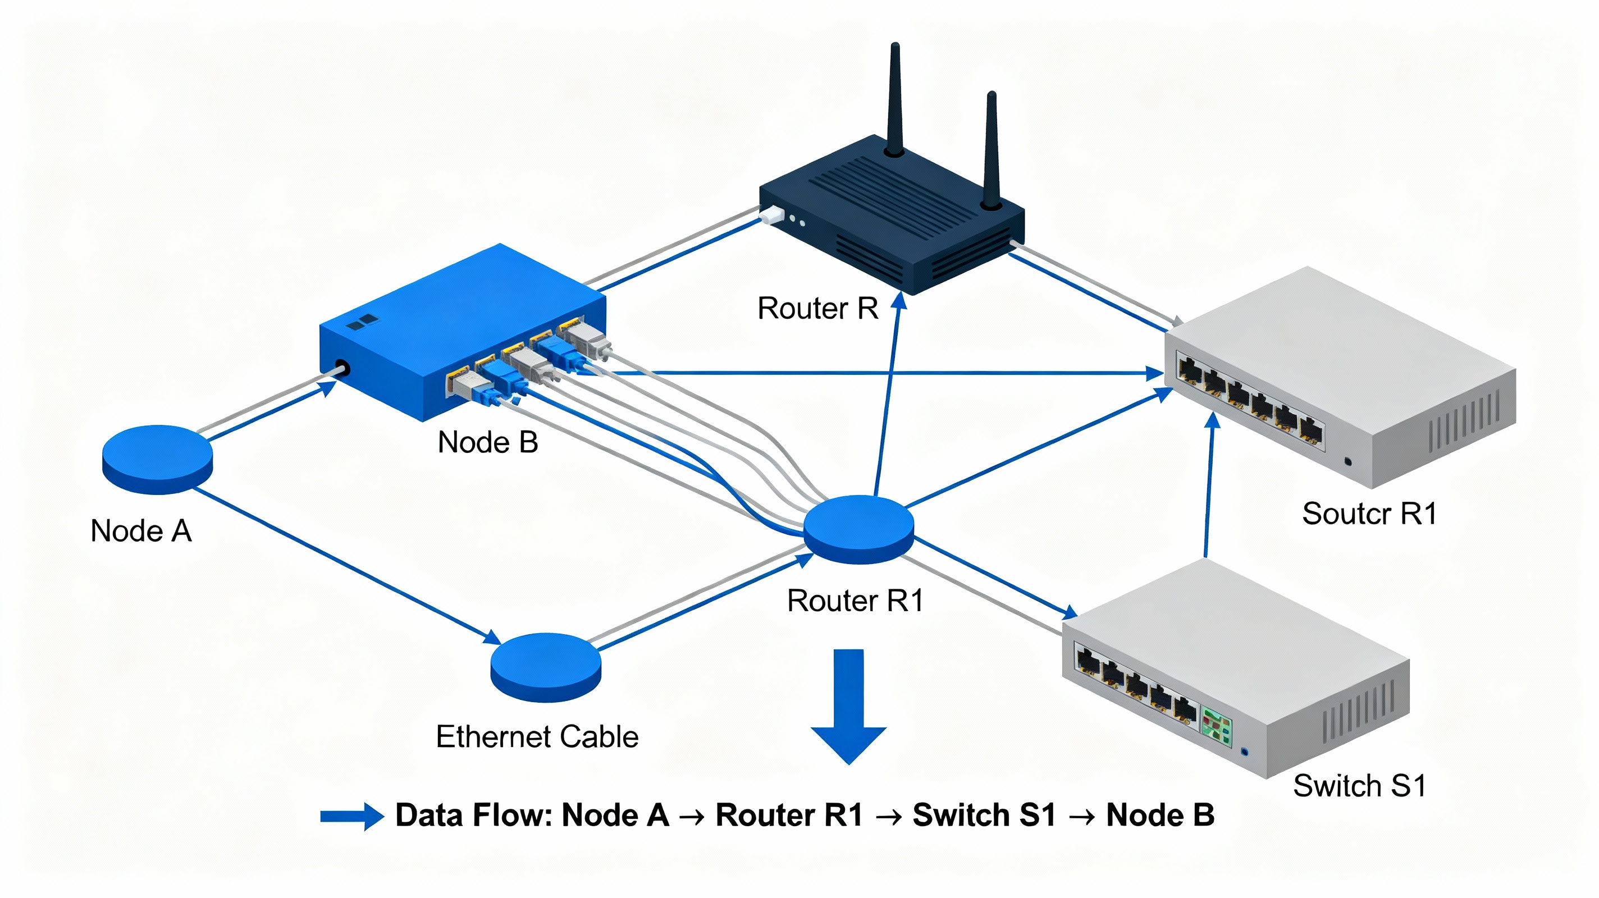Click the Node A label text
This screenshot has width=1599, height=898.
tap(141, 532)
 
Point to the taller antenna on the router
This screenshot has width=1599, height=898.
tap(894, 99)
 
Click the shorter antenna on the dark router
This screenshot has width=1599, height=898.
tap(992, 149)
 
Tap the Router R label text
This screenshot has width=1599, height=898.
tap(817, 309)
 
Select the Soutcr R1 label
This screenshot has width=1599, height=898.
tap(1369, 514)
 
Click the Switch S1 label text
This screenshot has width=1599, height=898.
tap(1359, 786)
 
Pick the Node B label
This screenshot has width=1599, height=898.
tap(488, 442)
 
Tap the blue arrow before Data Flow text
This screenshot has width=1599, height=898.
tap(351, 817)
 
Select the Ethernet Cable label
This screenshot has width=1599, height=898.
tap(537, 737)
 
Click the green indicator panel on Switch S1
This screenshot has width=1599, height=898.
tap(1216, 726)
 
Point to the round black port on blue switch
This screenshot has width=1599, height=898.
tap(342, 368)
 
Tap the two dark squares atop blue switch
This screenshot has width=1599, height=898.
tap(363, 322)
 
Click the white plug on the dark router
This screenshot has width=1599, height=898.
tap(771, 216)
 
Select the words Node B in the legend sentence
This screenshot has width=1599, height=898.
tap(1160, 815)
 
